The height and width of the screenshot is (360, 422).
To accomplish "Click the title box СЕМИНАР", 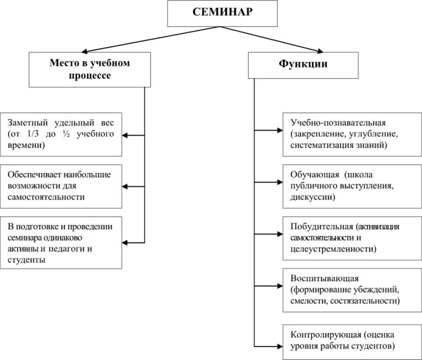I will click(222, 14).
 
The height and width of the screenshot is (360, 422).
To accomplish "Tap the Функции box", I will click(303, 65).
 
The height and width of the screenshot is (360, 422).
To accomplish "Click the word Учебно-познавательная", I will click(338, 123).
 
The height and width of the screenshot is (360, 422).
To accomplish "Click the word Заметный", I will click(26, 123).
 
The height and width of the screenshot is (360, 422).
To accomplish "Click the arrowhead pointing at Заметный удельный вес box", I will click(126, 136).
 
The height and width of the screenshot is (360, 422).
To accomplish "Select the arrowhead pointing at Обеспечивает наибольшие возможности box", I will click(126, 187).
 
